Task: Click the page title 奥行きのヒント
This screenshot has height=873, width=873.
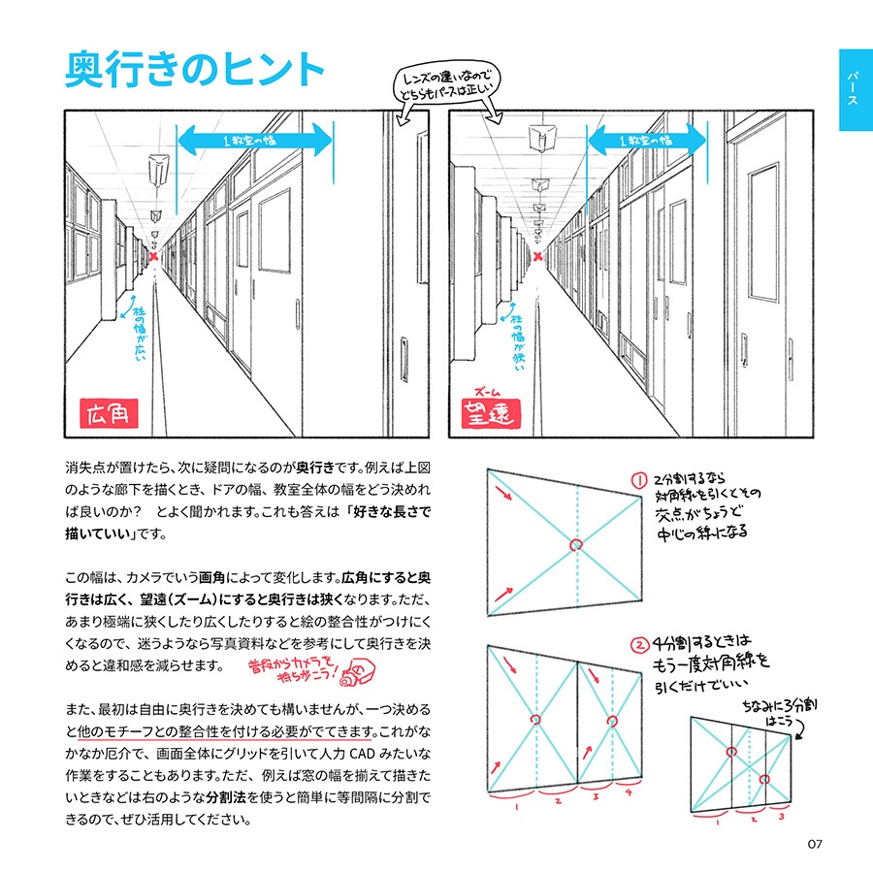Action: pyautogui.click(x=194, y=70)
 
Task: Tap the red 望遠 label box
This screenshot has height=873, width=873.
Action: pyautogui.click(x=493, y=415)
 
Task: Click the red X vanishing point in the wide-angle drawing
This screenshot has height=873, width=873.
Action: pyautogui.click(x=153, y=256)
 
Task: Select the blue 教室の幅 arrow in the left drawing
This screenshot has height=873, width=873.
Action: pyautogui.click(x=253, y=140)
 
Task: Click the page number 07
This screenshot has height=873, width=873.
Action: pyautogui.click(x=814, y=843)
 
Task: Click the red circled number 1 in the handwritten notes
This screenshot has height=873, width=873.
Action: pyautogui.click(x=638, y=480)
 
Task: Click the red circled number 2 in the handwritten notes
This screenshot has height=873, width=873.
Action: pyautogui.click(x=638, y=644)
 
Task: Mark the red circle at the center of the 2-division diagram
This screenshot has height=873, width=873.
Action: pyautogui.click(x=576, y=545)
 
